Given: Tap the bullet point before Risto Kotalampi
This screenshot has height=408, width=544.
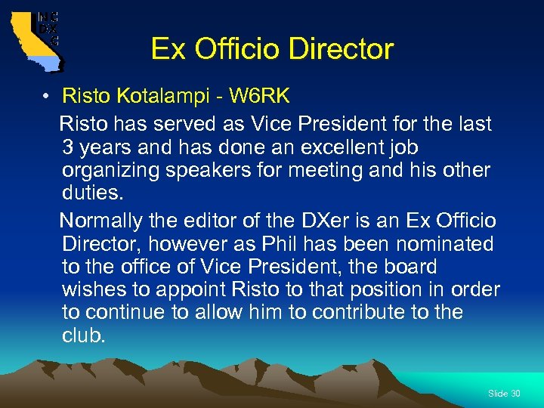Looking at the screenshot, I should point(46,97).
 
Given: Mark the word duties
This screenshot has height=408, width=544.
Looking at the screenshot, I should point(91,193).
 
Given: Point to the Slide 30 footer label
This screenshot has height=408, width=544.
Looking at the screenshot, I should point(504,394).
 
